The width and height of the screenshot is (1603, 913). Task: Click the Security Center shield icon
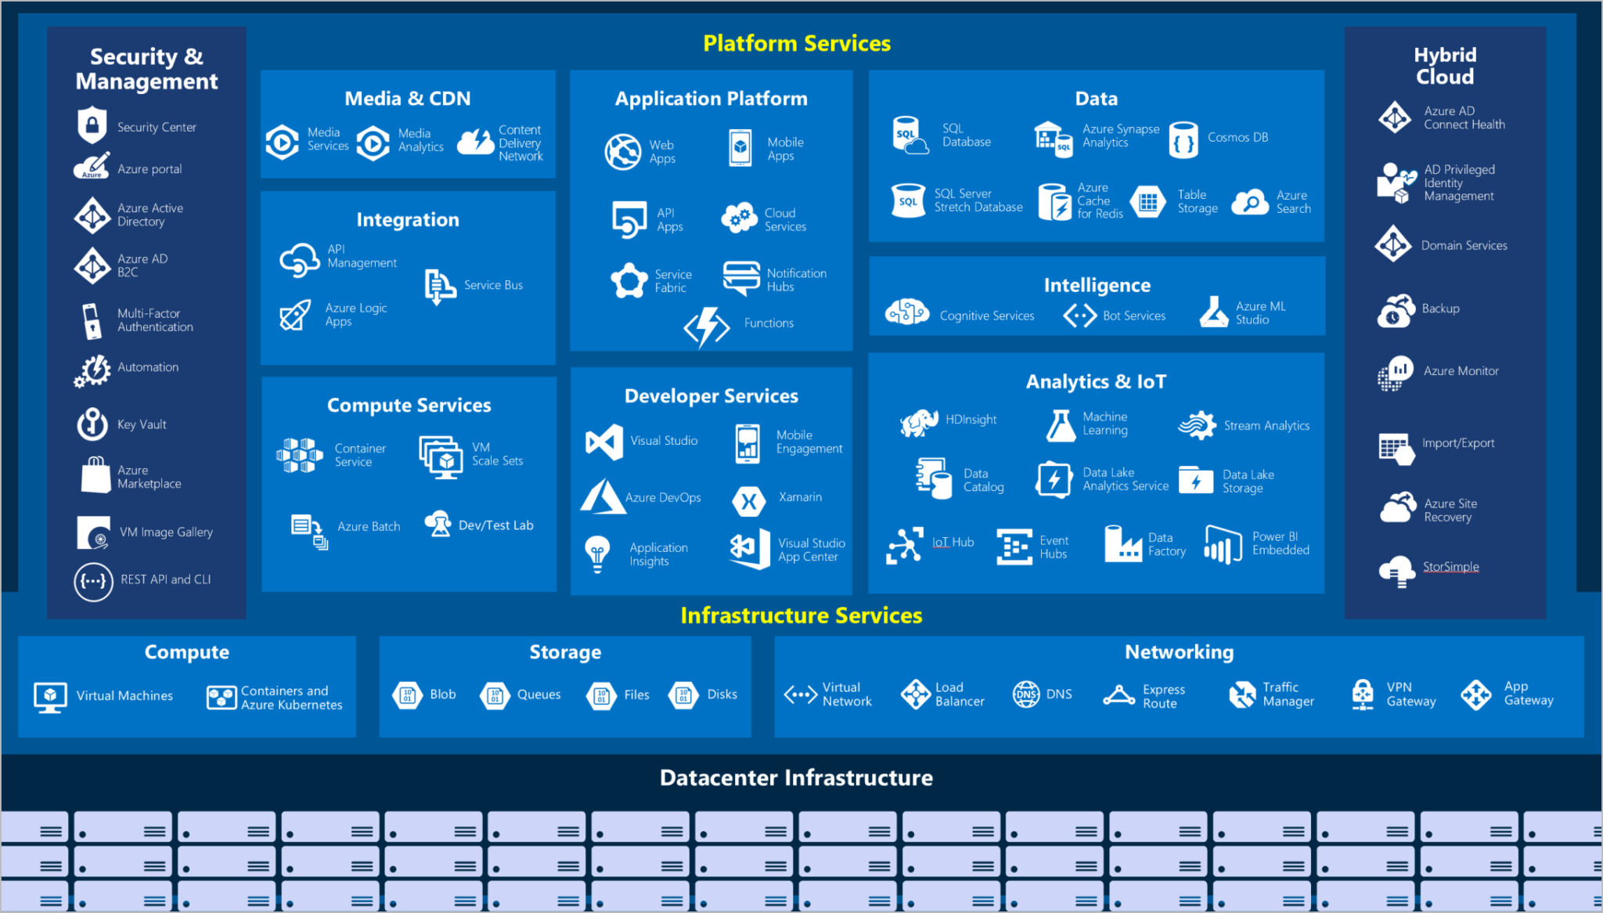(92, 125)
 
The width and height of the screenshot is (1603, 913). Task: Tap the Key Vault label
(142, 424)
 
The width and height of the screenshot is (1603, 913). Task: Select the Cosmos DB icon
(1183, 140)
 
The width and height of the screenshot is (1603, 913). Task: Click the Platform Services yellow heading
(797, 43)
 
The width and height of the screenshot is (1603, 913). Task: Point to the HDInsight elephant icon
(919, 422)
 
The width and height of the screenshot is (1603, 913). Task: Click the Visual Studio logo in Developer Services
(604, 442)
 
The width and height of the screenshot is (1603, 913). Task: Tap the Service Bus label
(493, 285)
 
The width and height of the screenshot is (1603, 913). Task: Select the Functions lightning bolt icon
(707, 326)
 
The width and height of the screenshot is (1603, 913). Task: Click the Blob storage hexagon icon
(407, 695)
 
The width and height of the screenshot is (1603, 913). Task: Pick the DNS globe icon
(1026, 695)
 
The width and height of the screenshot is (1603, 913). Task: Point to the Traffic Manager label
(1288, 695)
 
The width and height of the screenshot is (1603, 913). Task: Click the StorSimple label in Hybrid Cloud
(1450, 566)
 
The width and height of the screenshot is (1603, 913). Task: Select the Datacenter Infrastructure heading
(796, 778)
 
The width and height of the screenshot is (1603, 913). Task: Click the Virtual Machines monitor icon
(50, 696)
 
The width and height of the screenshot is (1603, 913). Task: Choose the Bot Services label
(1133, 316)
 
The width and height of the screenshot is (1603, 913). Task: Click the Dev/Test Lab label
(495, 525)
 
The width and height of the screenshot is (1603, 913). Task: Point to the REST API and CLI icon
(93, 582)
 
